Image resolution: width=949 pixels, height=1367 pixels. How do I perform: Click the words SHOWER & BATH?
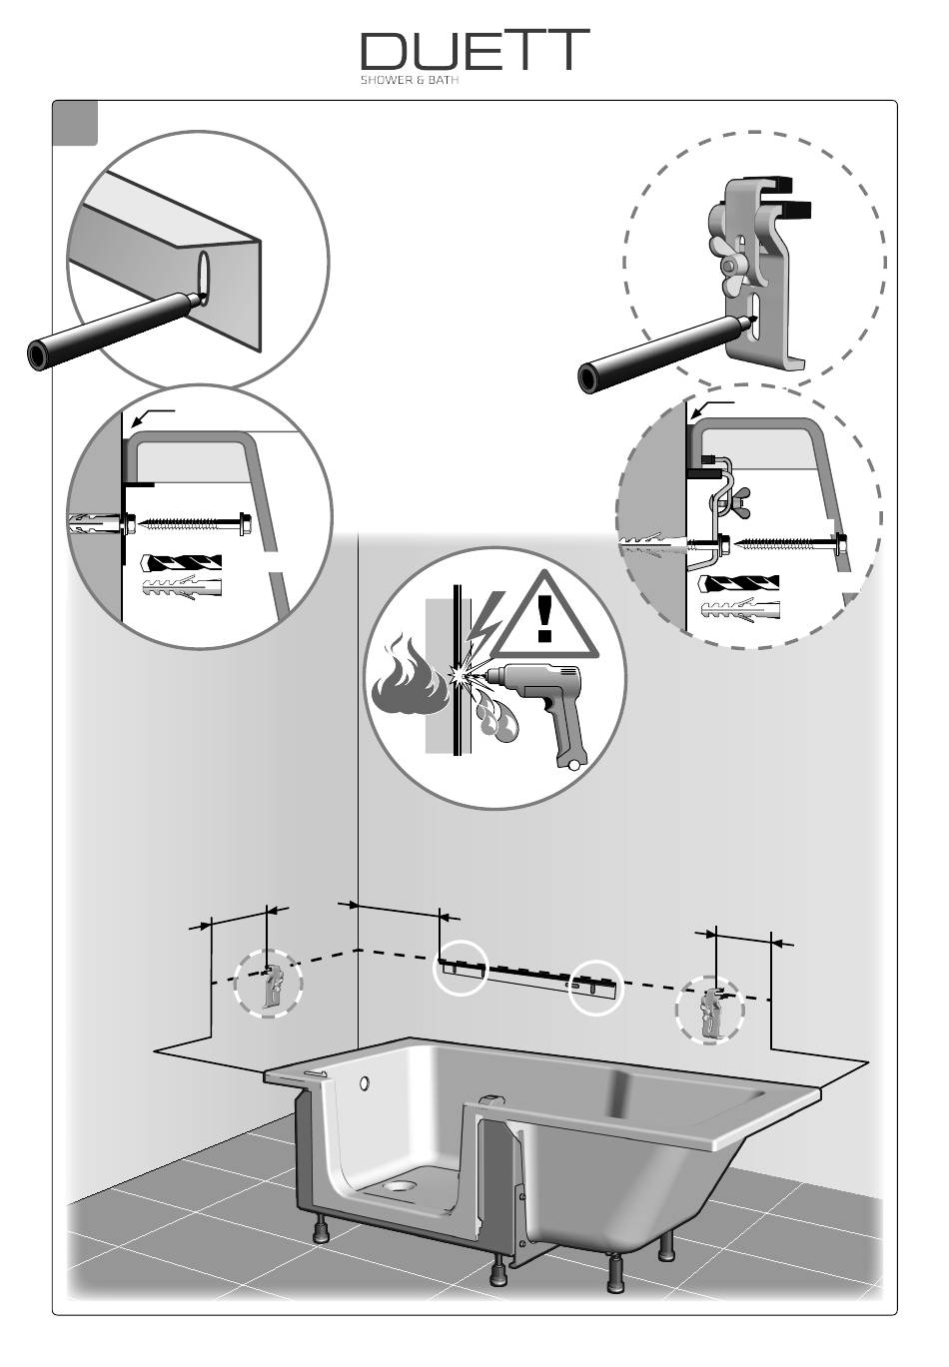pos(409,82)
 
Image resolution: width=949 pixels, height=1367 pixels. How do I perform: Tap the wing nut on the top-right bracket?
pos(733,266)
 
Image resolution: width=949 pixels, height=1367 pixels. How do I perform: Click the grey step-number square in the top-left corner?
pos(76,123)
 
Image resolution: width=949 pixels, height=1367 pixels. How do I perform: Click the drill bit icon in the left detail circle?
pos(179,564)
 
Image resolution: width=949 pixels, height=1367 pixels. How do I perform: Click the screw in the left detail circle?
pos(190,522)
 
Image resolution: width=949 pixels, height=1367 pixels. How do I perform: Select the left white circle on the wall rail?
pos(461,967)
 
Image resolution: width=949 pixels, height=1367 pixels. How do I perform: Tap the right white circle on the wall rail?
pos(594,987)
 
